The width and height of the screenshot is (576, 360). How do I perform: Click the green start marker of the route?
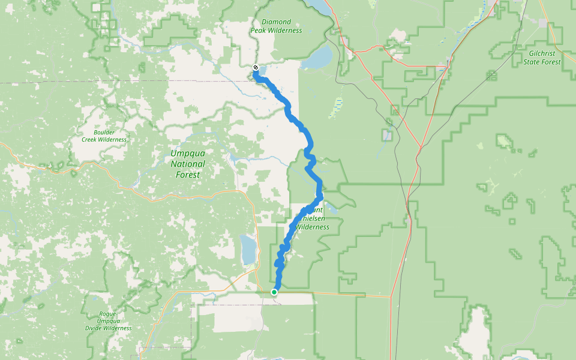pyautogui.click(x=274, y=292)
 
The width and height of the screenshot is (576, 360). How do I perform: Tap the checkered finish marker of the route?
pyautogui.click(x=256, y=68)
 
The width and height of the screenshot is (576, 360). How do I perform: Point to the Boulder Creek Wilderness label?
pyautogui.click(x=104, y=136)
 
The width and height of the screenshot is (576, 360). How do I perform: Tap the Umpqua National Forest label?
pyautogui.click(x=187, y=164)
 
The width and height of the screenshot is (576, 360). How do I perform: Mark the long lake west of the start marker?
pyautogui.click(x=247, y=250)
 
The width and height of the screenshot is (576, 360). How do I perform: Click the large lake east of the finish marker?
pyautogui.click(x=317, y=59)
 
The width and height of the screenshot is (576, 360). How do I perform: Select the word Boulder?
pyautogui.click(x=104, y=132)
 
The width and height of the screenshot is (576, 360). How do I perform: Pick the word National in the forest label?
pyautogui.click(x=187, y=164)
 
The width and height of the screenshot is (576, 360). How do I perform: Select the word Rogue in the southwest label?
pyautogui.click(x=107, y=314)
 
